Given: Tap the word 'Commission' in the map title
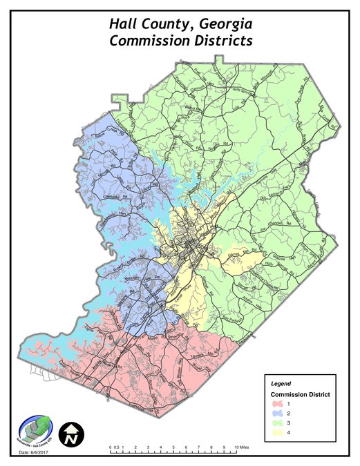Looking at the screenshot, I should [149, 41].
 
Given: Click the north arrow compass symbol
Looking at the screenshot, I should [70, 434].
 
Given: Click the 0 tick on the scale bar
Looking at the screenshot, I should [111, 449].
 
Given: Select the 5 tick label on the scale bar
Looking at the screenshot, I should [173, 449].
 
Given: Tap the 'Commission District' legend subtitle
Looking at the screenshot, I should [299, 394].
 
